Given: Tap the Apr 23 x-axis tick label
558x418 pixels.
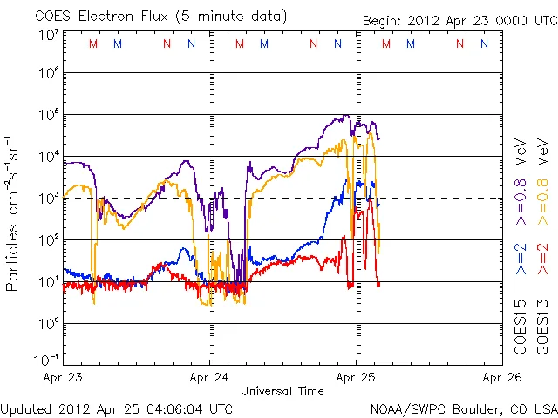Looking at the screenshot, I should coord(64,378).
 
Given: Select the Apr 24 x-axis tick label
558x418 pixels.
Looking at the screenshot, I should coord(210,378).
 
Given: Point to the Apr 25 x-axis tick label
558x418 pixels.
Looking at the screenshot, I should coord(357,378).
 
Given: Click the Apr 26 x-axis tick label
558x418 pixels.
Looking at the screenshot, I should coord(502,378).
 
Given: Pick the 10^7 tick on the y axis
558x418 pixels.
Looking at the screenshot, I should coord(48,35).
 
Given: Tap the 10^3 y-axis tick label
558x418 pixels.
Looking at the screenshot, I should coord(48,198).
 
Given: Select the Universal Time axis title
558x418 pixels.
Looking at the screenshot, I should coord(282,391).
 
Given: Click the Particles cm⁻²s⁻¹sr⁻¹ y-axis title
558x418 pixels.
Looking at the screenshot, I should coord(15,213).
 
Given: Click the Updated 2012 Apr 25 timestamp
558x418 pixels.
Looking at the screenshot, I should coord(118,408).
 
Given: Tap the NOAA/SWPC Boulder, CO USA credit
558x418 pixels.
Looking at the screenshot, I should coord(463,408).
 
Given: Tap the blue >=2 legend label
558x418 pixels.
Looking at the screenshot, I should coord(521,259).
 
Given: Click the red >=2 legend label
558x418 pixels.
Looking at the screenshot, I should coord(541,259).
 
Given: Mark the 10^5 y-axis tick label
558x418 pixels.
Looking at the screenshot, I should coord(48,115).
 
